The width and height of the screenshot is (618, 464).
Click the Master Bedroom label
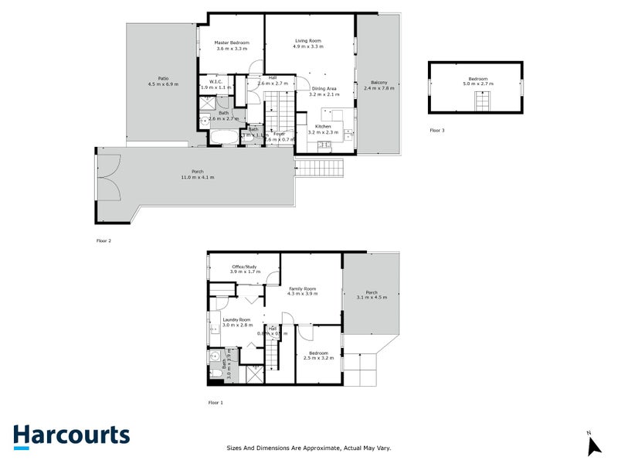click(x=232, y=42)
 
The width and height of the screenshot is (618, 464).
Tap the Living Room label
click(x=307, y=40)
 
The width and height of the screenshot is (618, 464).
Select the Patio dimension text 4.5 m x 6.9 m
click(x=163, y=84)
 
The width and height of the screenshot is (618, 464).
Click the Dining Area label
click(x=323, y=88)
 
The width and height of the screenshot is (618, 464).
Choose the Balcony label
click(x=379, y=83)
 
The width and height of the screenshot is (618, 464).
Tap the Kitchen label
click(x=323, y=126)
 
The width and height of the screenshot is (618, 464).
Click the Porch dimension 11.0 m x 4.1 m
click(x=198, y=177)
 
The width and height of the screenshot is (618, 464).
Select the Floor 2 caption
click(x=104, y=241)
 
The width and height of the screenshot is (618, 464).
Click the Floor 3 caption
click(x=437, y=130)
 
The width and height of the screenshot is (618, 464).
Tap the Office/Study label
click(x=244, y=267)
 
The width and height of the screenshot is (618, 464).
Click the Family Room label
click(x=302, y=288)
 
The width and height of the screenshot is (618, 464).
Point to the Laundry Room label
click(x=236, y=319)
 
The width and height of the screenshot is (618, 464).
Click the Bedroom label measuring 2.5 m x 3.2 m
click(x=317, y=353)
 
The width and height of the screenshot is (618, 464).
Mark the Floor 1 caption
click(x=216, y=403)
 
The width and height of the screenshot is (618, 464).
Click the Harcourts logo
click(x=71, y=435)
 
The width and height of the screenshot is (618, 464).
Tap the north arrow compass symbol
click(x=593, y=445)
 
